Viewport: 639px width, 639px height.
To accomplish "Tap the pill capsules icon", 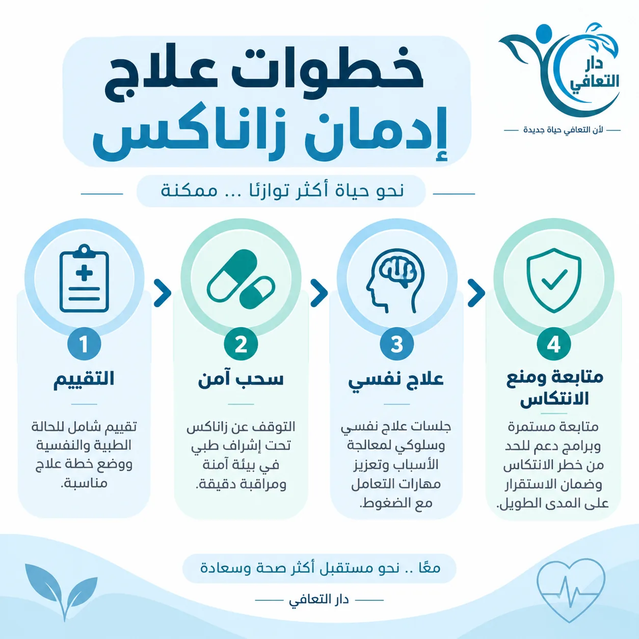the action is pos(241,280).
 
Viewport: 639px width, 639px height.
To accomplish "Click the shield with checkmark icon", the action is pos(554,281).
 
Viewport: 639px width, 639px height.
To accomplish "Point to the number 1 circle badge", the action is pos(84,344).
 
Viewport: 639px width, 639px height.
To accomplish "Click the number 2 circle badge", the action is pos(241,344).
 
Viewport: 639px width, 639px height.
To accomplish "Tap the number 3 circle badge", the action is pos(397,344).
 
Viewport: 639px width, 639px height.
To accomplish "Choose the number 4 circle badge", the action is pos(554,344).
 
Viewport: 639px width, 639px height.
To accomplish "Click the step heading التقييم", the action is pos(84,379).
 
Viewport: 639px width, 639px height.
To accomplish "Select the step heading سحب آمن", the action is pos(241,379).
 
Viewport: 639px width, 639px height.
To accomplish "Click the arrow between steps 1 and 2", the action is pos(163,292).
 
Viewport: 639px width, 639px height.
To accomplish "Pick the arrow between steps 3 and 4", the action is pos(476,292).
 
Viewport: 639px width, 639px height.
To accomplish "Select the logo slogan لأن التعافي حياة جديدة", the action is pos(563,130).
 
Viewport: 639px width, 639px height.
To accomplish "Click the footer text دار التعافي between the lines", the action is pos(319,600).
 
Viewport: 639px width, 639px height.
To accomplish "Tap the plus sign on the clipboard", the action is pos(84,273).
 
